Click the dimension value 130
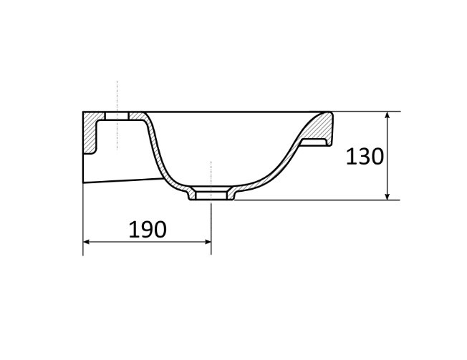(x=365, y=157)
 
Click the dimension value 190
(x=148, y=230)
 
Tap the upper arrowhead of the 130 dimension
(x=387, y=115)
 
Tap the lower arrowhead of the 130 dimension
(x=387, y=196)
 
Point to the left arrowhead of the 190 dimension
(x=87, y=242)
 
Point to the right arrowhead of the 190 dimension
(x=208, y=242)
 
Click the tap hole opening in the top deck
(x=117, y=116)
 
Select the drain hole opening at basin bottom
(x=211, y=195)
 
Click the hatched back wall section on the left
(x=90, y=132)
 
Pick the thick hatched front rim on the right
(x=320, y=127)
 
